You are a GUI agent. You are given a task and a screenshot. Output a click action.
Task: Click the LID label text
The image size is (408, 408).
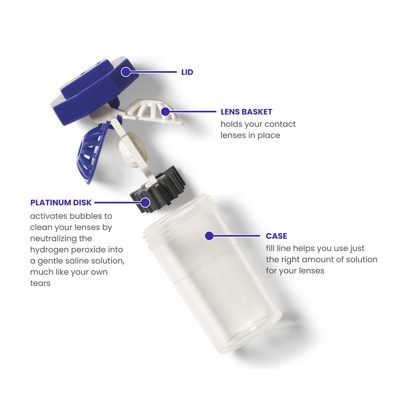coord(187,72)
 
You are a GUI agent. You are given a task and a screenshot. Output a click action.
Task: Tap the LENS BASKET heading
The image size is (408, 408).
coord(246,112)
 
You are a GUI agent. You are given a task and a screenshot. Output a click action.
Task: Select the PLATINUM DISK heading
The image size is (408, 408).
coord(61,203)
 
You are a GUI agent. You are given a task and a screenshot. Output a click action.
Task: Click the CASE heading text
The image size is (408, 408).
coord(276,236)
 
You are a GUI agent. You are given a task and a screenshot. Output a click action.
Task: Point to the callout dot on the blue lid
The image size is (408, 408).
coord(126,72)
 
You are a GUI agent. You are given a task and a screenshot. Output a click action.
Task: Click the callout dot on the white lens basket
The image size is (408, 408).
coord(165,111)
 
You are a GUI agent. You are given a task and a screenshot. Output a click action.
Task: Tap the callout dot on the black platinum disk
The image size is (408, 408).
coord(145,203)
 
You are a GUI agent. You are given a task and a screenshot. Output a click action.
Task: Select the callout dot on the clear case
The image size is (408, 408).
coord(209,236)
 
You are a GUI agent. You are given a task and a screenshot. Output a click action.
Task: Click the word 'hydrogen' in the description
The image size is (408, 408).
coord(46,250)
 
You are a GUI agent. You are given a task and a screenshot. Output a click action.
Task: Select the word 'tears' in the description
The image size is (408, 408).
coord(40,283)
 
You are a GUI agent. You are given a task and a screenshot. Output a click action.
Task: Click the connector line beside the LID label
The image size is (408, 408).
coord(155,72)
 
